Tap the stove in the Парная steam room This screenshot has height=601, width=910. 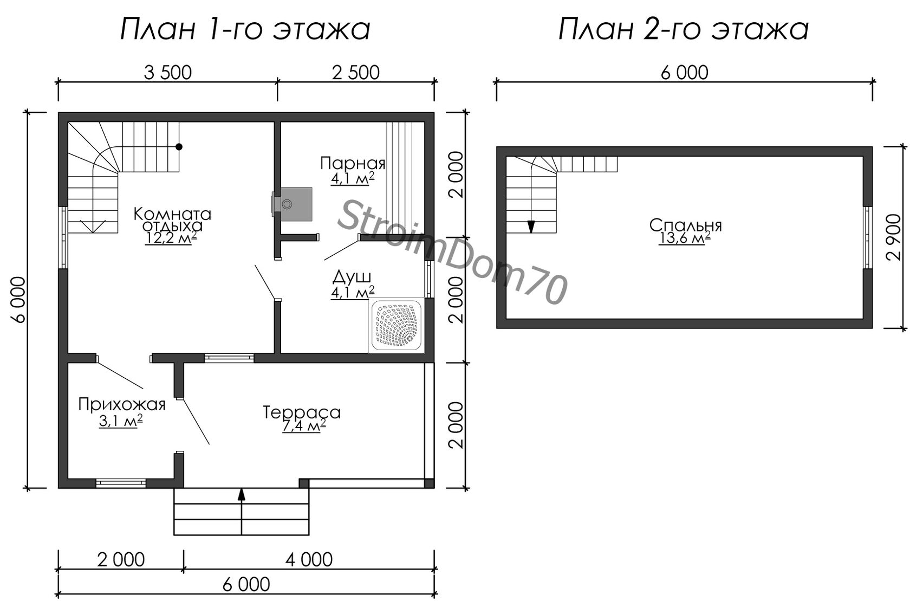click(x=292, y=204)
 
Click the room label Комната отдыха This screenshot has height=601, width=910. click(x=172, y=219)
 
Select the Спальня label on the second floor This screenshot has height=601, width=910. click(x=685, y=225)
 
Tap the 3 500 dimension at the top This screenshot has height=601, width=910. click(x=167, y=73)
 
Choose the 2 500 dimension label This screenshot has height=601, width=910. click(x=355, y=73)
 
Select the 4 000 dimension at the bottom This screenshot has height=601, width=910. click(x=309, y=560)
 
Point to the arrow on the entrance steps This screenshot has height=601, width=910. click(x=242, y=512)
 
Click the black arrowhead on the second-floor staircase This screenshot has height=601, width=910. click(x=531, y=227)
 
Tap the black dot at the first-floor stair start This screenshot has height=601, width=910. click(x=179, y=147)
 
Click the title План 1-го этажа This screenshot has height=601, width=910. click(x=245, y=29)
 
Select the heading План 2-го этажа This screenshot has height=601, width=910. click(x=684, y=29)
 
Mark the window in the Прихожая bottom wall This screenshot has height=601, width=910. click(x=121, y=483)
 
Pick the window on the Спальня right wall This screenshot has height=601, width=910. click(x=868, y=237)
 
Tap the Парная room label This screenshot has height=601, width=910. click(x=353, y=163)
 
